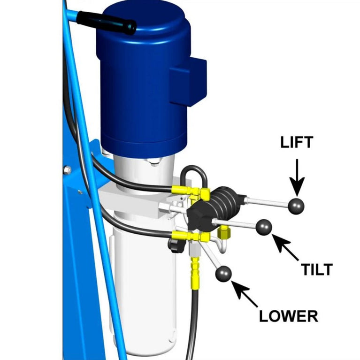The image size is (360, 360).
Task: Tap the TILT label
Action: pyautogui.click(x=317, y=269)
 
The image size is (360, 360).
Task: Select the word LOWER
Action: pyautogui.click(x=289, y=315)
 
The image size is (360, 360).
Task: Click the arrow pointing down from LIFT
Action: pyautogui.click(x=297, y=176)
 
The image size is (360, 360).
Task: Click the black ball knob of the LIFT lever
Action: pyautogui.click(x=297, y=205)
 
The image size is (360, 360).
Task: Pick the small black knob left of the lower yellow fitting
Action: pyautogui.click(x=176, y=245)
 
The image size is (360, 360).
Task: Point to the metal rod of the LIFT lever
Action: pyautogui.click(x=268, y=202)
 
